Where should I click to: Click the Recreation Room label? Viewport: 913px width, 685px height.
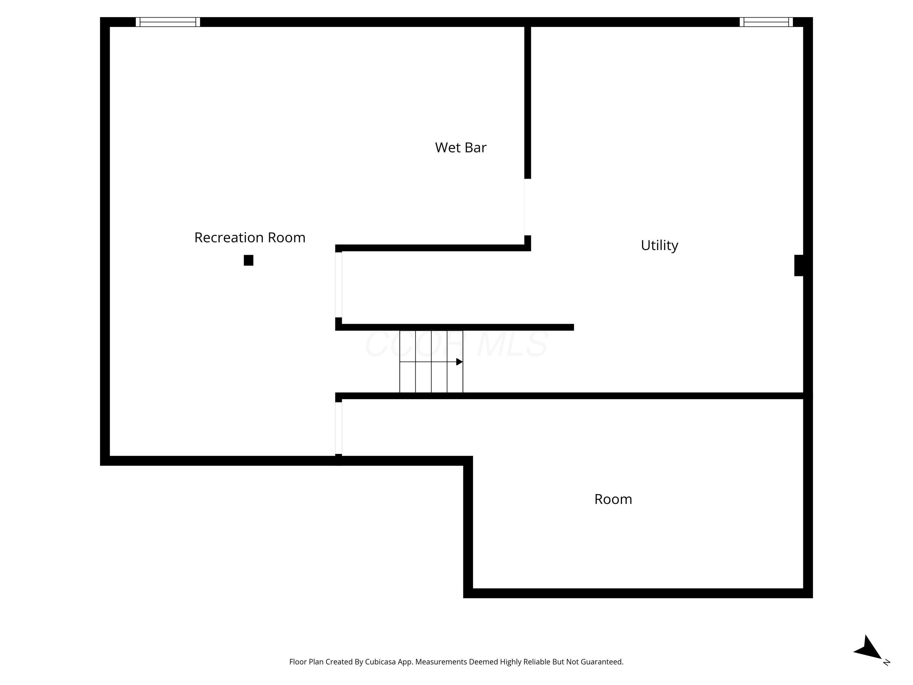pos(250,238)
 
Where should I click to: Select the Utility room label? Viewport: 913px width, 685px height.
pos(659,245)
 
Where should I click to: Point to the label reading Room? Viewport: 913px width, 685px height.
pos(613,499)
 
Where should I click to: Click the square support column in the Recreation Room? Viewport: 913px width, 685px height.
pos(248,260)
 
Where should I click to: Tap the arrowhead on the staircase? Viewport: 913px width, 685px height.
pos(459,362)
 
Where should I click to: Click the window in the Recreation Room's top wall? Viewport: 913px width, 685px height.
pos(168,22)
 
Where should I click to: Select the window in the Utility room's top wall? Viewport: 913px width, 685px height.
pos(766,22)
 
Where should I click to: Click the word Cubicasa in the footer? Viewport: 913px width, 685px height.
pos(380,662)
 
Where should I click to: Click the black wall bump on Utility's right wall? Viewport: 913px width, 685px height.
pos(799,265)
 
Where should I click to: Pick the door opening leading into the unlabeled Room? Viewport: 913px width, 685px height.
pos(338,428)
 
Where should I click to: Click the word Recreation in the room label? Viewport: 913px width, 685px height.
pos(229,238)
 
